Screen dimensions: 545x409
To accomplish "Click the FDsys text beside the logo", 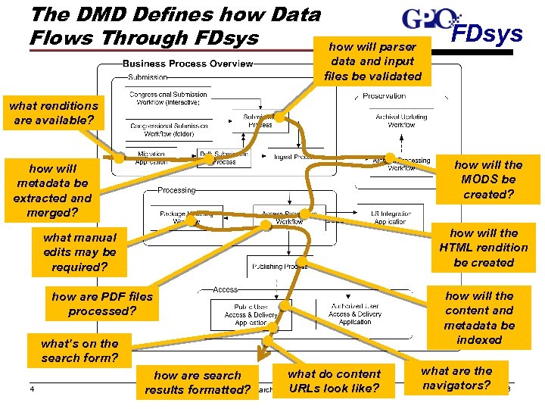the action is click(487, 34).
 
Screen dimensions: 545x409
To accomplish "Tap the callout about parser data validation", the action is click(372, 61).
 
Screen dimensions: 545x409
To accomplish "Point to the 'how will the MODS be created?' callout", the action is click(488, 180).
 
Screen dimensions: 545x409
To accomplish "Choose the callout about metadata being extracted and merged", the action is click(52, 191).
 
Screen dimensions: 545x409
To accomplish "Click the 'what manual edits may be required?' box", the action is click(79, 252).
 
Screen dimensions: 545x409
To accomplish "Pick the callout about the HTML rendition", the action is click(483, 248).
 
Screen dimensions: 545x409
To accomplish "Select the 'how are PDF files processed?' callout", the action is click(102, 304).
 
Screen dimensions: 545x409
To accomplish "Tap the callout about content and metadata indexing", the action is click(478, 318).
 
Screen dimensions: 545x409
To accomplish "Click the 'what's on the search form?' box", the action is click(79, 351).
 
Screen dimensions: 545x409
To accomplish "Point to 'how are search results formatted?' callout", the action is click(198, 382).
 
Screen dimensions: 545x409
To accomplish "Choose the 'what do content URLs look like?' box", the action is click(334, 382).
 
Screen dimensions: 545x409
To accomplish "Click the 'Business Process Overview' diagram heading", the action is click(188, 64).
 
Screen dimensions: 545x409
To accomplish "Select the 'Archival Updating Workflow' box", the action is click(401, 120).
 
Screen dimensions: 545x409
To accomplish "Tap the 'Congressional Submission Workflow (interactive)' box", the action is click(168, 99).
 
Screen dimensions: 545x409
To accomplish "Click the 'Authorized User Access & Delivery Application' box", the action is click(355, 314).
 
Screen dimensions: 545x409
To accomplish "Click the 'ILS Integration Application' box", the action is click(389, 217).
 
